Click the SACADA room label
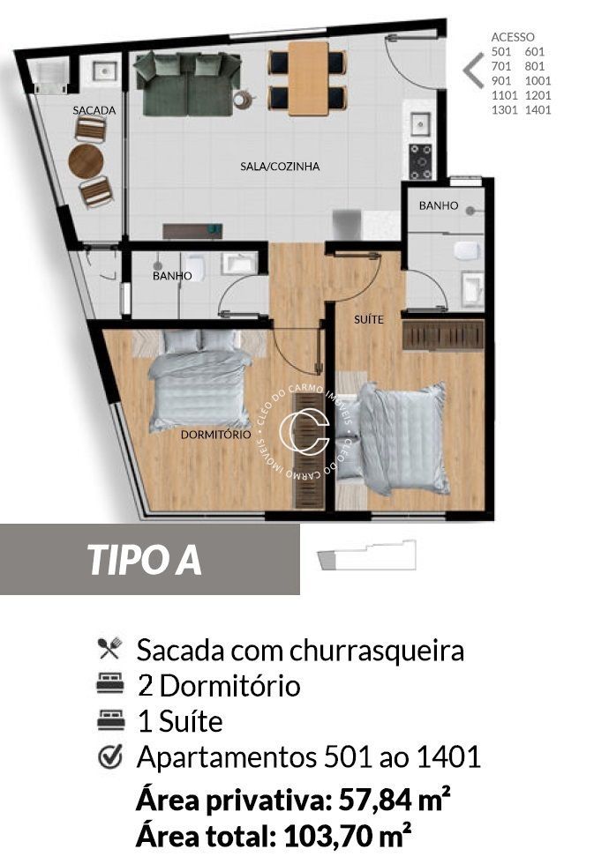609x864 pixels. (94, 111)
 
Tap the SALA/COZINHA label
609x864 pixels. (280, 166)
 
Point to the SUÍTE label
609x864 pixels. (369, 319)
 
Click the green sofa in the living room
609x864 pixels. (187, 84)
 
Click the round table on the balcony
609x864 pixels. (86, 161)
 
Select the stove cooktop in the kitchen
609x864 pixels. (421, 161)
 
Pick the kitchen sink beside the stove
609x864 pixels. (419, 121)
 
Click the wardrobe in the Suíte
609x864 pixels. (443, 335)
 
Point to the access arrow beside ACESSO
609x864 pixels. (474, 68)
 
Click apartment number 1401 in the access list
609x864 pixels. (537, 110)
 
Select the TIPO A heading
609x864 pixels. (144, 561)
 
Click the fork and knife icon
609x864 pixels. (109, 650)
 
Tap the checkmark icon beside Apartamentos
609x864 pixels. (109, 756)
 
